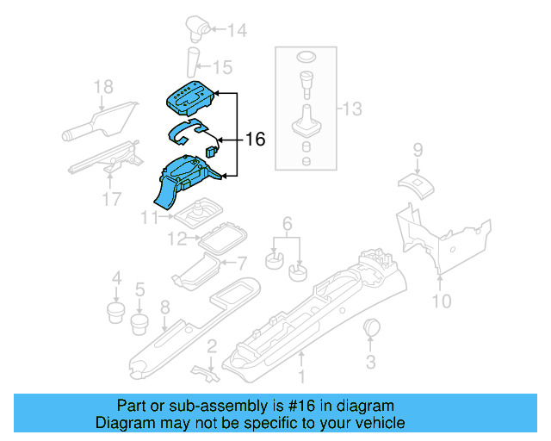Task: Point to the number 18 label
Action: (103, 86)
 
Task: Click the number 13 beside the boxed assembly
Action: (352, 109)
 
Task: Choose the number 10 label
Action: (440, 301)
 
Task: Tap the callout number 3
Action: (370, 362)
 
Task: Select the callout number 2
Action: (209, 346)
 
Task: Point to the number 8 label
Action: (164, 306)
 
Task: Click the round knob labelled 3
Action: (373, 328)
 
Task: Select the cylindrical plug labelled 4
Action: (115, 310)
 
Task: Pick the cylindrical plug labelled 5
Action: (139, 325)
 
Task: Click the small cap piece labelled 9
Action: (413, 182)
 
